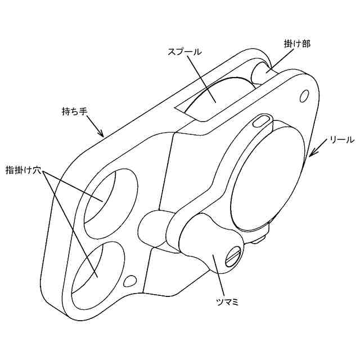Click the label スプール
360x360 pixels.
coord(184,51)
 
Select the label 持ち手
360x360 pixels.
coord(74,111)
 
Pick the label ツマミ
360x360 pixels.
coord(228,302)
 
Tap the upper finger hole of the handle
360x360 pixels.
coord(109,195)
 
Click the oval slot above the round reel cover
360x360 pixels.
coord(263,120)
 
